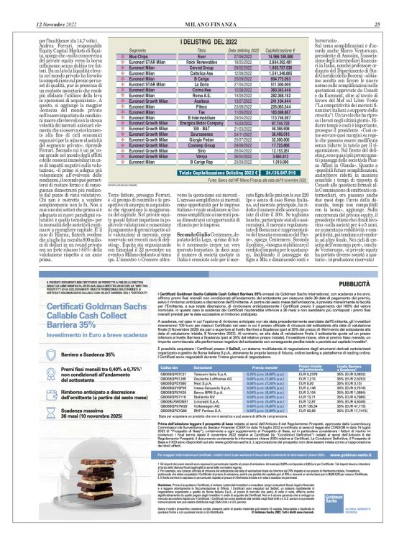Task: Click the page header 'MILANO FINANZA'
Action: pos(209,6)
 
